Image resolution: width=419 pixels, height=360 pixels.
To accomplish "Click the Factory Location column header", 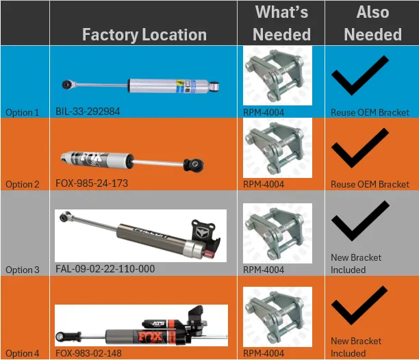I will (144, 34).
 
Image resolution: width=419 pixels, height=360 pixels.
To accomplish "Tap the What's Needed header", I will (281, 23).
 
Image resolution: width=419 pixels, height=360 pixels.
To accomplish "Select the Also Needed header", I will (372, 23).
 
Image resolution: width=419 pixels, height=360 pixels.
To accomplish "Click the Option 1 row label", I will (23, 112).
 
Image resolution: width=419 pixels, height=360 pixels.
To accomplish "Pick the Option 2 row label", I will (23, 184).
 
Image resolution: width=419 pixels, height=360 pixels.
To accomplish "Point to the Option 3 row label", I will (23, 270).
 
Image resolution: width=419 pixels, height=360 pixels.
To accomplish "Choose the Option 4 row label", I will (23, 353).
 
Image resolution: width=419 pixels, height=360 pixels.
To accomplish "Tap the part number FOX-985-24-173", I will (92, 183).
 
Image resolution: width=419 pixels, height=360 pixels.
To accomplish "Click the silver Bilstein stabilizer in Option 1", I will (140, 85).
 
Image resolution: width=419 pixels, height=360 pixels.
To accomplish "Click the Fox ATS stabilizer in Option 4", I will (140, 325).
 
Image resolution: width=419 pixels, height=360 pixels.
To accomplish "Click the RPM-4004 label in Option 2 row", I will (264, 184).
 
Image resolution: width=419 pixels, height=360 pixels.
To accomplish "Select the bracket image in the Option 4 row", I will (277, 317).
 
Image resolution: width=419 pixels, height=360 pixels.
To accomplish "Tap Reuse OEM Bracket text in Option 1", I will (370, 112).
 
